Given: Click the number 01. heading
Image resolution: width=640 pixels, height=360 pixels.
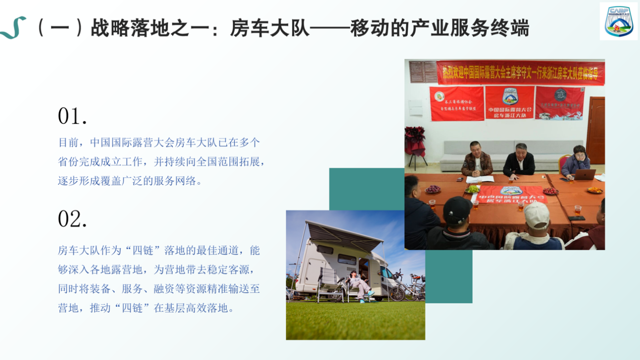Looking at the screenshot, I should click(x=72, y=116).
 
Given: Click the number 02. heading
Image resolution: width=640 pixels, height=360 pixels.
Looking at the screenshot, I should click(x=72, y=219).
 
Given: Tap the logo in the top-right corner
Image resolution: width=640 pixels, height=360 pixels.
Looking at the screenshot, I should click(x=618, y=21).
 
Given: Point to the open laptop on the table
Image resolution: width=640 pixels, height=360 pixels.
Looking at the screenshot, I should click(x=584, y=174).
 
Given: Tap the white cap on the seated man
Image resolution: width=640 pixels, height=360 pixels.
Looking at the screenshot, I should click(x=536, y=214).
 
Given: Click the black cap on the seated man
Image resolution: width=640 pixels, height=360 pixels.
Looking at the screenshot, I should click(x=457, y=209).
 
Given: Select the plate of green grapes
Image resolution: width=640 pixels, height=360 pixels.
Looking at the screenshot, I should click(x=473, y=189).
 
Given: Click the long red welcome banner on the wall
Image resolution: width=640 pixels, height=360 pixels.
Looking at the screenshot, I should click(x=520, y=73).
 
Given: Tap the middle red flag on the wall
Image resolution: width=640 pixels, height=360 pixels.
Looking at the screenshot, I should click(x=509, y=102).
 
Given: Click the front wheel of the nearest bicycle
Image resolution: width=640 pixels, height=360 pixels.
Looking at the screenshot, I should click(x=398, y=292).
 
